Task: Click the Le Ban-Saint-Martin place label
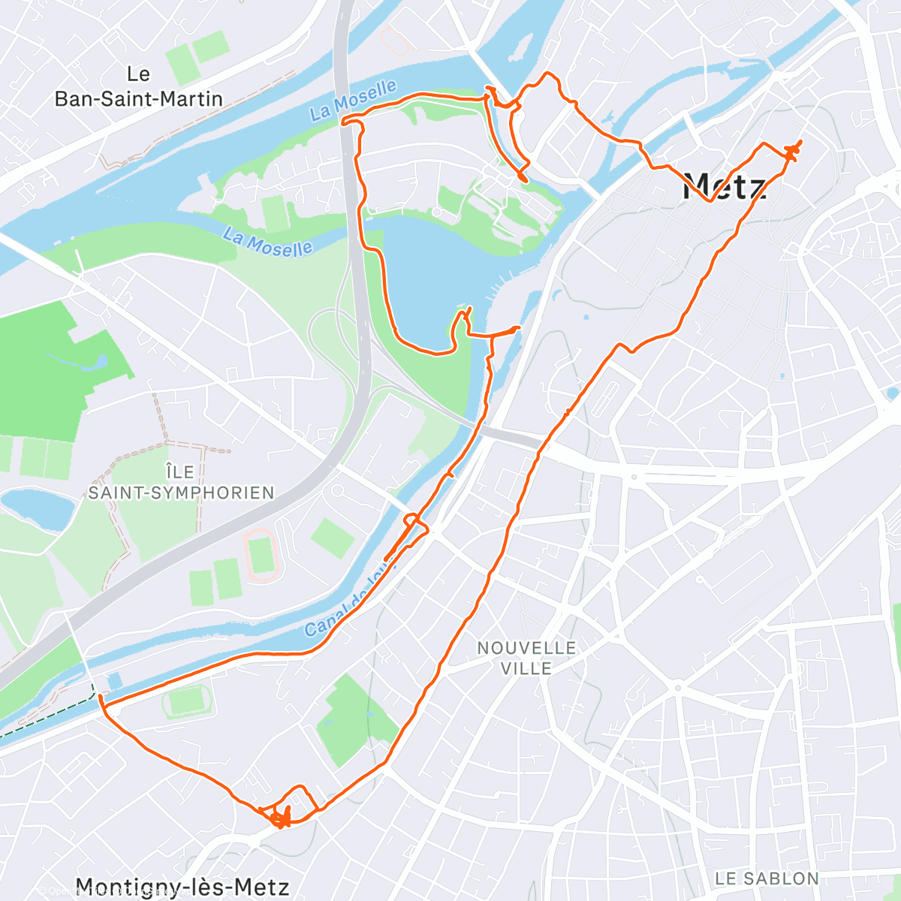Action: pyautogui.click(x=139, y=86)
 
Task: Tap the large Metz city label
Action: pyautogui.click(x=725, y=186)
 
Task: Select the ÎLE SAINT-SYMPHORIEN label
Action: pyautogui.click(x=181, y=482)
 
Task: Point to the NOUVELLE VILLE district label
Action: pyautogui.click(x=526, y=658)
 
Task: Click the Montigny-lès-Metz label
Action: pyautogui.click(x=182, y=887)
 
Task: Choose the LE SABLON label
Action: pyautogui.click(x=767, y=878)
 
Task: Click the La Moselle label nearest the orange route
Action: pyautogui.click(x=353, y=101)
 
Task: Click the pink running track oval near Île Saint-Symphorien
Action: pyautogui.click(x=260, y=556)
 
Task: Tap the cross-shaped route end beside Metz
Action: pyautogui.click(x=793, y=150)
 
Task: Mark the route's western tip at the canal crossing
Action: pyautogui.click(x=101, y=698)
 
